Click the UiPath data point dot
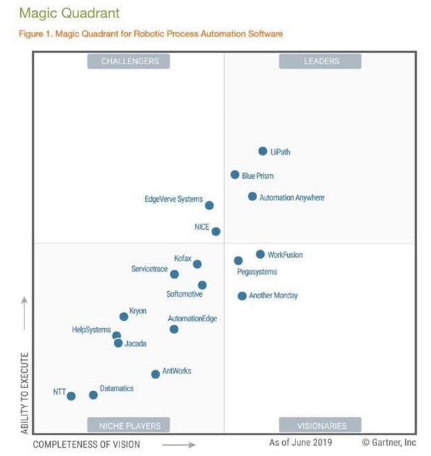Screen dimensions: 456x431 (x=263, y=151)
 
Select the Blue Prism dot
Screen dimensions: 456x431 (x=235, y=175)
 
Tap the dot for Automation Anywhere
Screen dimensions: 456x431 (x=252, y=196)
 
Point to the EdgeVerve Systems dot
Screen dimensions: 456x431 (x=209, y=205)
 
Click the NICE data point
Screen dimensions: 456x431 (x=216, y=231)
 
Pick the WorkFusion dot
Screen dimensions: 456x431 (x=261, y=254)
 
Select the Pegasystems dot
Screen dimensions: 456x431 (x=238, y=260)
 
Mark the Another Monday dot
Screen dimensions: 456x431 (x=242, y=296)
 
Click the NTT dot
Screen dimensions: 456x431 (x=71, y=396)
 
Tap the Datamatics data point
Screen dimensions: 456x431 (x=94, y=395)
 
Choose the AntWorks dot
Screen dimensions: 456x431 (x=155, y=374)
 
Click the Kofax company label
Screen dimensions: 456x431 (x=182, y=258)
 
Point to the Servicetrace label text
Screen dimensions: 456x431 (x=150, y=269)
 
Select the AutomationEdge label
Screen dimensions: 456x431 (x=192, y=318)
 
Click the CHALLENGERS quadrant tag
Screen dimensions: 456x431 (x=130, y=61)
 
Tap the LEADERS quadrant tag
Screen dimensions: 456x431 (x=320, y=61)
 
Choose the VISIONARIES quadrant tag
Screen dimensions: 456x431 (x=320, y=425)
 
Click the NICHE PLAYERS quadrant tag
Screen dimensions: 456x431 (x=130, y=425)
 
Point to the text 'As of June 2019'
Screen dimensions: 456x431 (x=300, y=443)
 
